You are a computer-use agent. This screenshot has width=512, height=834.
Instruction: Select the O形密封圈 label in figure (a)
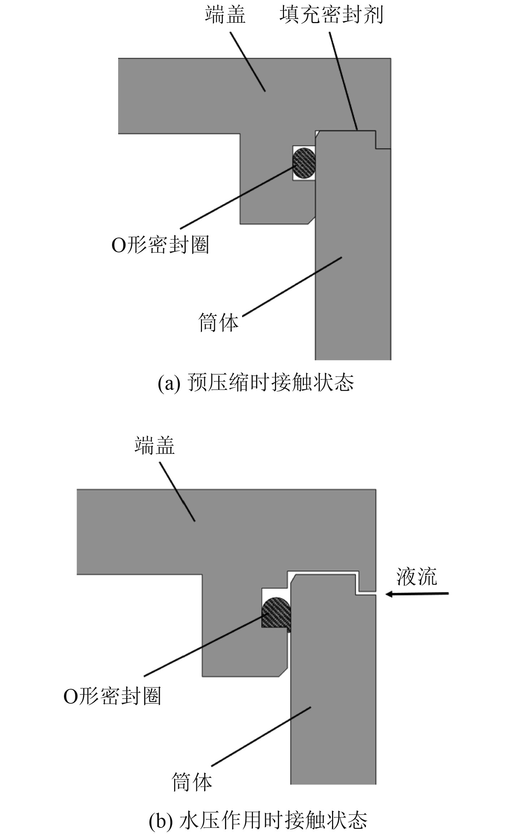point(160,246)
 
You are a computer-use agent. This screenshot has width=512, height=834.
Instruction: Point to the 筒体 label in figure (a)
point(219,322)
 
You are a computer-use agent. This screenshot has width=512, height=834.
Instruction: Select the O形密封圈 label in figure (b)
point(112,696)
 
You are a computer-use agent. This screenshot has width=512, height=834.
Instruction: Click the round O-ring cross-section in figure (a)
point(304,163)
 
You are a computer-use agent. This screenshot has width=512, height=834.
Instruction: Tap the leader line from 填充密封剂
point(343,81)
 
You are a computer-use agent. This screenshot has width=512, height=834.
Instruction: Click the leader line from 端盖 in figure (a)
point(248,61)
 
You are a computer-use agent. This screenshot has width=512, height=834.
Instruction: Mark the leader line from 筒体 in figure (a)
point(292,287)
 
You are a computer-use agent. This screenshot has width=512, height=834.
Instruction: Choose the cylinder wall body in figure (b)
point(332,704)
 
